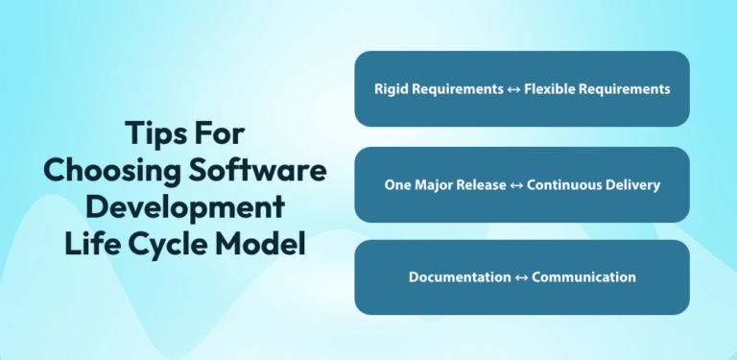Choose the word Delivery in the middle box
coord(637,184)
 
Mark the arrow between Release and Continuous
coord(515,184)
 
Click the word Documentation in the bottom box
coord(460,277)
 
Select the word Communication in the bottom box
coord(583,277)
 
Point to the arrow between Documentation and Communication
coord(521,277)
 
